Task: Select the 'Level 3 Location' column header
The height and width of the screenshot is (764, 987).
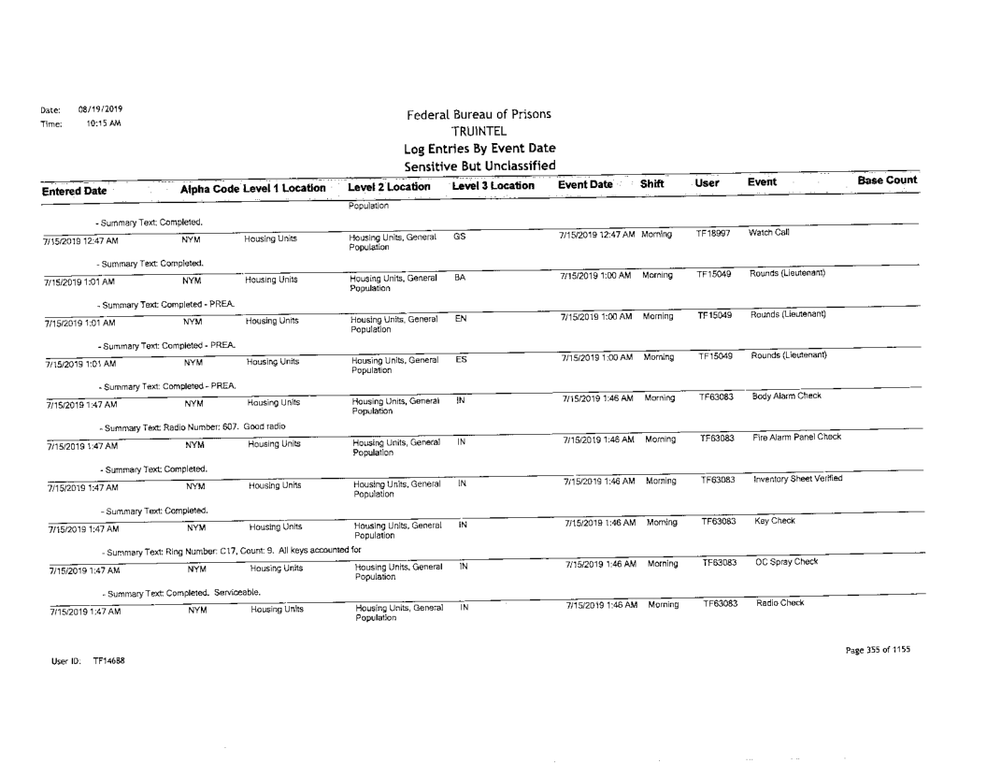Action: click(494, 187)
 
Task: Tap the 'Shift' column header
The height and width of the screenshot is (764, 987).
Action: click(652, 186)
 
